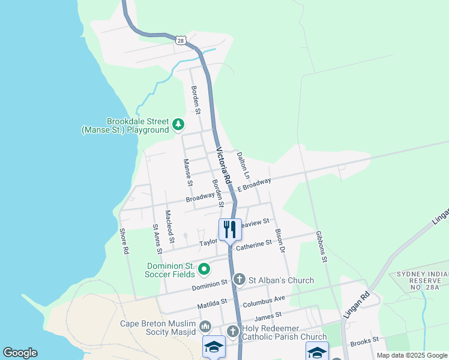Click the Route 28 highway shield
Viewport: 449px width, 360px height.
(181, 40)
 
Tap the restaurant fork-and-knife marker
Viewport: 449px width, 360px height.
(230, 229)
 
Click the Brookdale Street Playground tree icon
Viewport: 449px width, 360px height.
(178, 125)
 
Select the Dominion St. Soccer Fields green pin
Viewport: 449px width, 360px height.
(203, 269)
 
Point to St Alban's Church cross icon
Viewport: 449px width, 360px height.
(239, 280)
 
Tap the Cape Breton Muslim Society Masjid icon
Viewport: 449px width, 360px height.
(205, 326)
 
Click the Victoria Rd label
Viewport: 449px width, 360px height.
(223, 166)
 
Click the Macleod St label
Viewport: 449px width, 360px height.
(170, 227)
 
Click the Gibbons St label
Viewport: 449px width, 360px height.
(321, 247)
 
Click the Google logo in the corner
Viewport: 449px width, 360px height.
(20, 353)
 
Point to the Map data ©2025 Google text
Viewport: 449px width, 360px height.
(411, 355)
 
